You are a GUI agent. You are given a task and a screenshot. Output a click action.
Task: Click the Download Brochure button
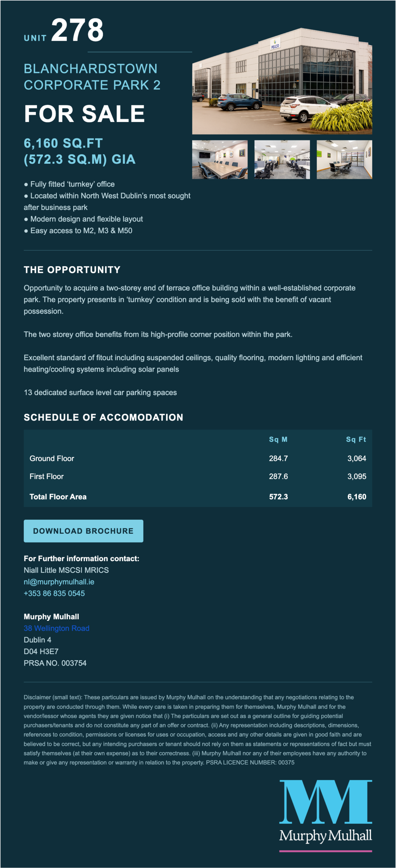pos(83,531)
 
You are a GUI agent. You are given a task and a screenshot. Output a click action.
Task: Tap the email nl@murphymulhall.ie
pos(59,582)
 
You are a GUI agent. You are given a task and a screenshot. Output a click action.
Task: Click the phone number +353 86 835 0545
pos(54,593)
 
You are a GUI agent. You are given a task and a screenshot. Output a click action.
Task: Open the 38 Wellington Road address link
pos(57,628)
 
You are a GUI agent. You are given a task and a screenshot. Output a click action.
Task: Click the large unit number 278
pos(77,31)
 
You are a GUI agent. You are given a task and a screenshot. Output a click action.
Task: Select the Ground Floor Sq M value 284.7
pos(278,458)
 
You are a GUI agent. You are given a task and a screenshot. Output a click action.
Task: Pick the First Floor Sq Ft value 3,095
pos(357,476)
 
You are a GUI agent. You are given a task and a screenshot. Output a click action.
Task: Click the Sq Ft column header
pos(356,439)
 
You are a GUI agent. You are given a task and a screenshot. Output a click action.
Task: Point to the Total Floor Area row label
pos(58,497)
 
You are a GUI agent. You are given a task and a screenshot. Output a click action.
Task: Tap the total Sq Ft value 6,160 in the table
pos(357,497)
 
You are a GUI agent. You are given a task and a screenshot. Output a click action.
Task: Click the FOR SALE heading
pos(84,114)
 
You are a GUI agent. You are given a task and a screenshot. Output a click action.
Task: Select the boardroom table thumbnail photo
pos(220,160)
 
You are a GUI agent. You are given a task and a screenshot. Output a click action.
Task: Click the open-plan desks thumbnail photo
pos(282,160)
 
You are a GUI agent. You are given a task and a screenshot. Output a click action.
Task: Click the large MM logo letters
pos(325,802)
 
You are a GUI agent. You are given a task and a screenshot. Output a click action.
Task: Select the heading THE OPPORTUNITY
pos(72,270)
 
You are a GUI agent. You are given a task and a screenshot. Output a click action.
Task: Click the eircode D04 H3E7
pos(41,651)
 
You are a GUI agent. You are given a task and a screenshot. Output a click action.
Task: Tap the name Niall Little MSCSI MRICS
pos(66,570)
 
